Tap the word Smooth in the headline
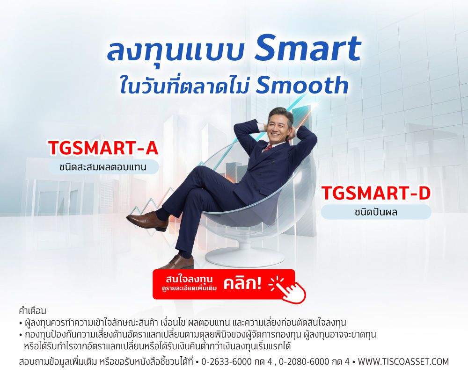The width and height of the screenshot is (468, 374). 302,85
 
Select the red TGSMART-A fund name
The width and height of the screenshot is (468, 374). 103,148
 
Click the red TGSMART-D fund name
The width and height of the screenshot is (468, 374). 376,194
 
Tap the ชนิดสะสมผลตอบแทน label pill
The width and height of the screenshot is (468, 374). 103,167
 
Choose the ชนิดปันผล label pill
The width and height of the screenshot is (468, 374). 376,212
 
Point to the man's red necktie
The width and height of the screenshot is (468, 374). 268,149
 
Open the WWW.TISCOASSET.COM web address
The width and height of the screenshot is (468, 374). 403,362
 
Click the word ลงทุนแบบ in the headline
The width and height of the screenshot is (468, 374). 176,50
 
